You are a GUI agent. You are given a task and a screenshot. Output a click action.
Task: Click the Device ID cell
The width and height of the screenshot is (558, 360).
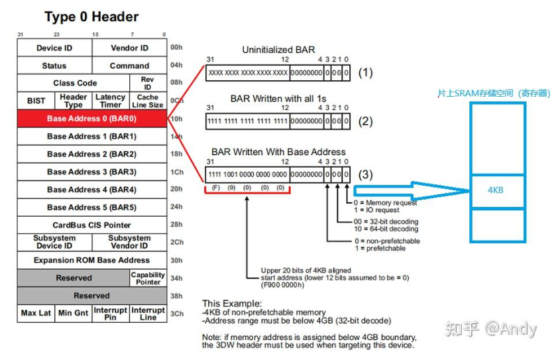[54, 48]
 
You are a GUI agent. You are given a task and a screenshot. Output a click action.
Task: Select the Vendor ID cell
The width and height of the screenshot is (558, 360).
[129, 48]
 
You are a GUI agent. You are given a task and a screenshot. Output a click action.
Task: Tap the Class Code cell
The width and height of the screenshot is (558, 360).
[75, 83]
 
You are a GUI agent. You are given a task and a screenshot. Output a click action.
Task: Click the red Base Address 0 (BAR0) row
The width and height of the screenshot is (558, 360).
[91, 119]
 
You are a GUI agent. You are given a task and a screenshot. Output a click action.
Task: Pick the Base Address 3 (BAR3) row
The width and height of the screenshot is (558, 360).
[91, 172]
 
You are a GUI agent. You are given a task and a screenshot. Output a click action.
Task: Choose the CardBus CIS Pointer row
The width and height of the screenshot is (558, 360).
[91, 225]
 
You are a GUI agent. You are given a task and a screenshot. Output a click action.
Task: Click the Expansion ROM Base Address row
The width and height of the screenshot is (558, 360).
[91, 260]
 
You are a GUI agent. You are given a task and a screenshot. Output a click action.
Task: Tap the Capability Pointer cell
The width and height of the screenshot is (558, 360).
[148, 278]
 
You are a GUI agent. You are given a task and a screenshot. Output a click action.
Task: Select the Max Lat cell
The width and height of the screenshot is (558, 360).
[36, 313]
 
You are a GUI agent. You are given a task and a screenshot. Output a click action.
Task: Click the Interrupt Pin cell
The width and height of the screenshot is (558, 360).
[110, 313]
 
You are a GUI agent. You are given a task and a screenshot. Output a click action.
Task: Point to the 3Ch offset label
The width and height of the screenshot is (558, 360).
[176, 313]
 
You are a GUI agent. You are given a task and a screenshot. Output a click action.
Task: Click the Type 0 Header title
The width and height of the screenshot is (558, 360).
[91, 17]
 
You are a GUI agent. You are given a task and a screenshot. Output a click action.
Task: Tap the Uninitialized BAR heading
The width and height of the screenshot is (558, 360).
[278, 50]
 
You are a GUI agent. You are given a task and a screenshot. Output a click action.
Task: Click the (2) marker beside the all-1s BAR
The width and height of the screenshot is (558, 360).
[366, 121]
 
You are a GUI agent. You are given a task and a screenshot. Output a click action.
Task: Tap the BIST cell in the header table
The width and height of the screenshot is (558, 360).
[36, 101]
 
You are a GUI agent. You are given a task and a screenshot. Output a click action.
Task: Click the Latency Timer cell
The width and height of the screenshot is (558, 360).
[110, 101]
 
